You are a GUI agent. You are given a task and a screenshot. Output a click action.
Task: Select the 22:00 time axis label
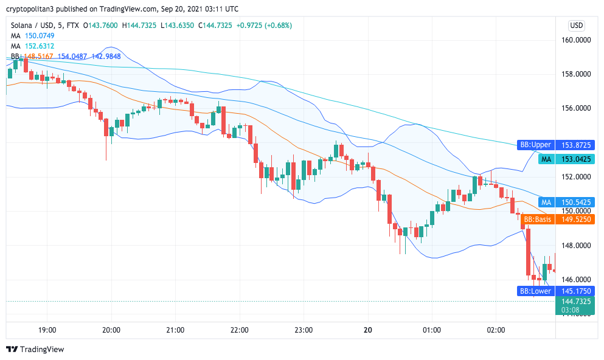240,330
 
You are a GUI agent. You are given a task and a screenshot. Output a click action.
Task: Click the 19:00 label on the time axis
47,330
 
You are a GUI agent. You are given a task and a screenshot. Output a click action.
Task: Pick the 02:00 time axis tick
496,330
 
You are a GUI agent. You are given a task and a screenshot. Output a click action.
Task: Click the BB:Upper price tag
535,145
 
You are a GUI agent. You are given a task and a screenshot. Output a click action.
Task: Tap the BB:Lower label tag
535,291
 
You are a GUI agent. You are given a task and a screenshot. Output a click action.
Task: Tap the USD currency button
576,26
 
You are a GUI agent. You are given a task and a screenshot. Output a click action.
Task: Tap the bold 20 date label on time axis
367,330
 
